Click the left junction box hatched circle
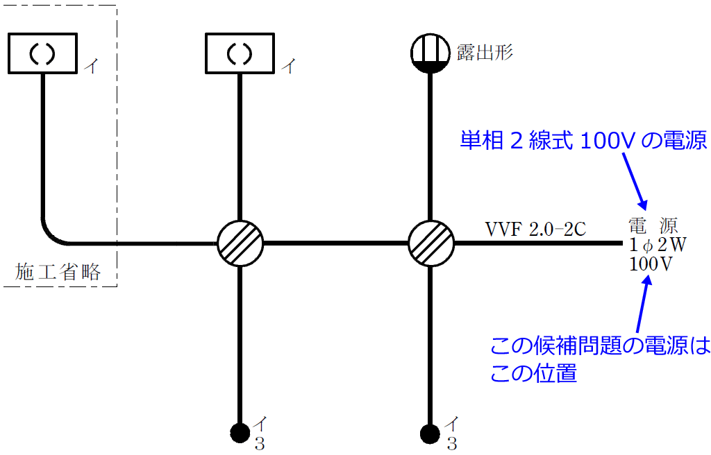(x=240, y=243)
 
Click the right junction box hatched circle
(x=430, y=243)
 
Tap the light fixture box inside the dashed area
(x=42, y=53)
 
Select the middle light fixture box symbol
(x=240, y=53)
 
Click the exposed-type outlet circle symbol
(x=430, y=53)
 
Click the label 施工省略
(x=58, y=272)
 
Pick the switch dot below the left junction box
(x=240, y=433)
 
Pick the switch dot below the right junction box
(x=430, y=433)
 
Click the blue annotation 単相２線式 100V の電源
(x=583, y=142)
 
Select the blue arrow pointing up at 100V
(x=642, y=305)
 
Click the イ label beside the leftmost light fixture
(x=91, y=66)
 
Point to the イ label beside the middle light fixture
(x=288, y=66)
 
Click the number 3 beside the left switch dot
(x=259, y=444)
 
